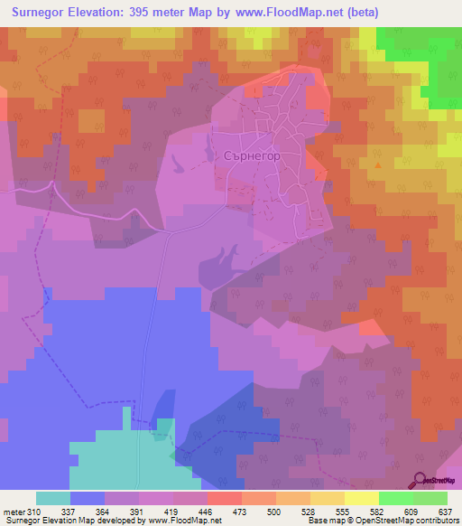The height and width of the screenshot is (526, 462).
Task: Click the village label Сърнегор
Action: tap(249, 155)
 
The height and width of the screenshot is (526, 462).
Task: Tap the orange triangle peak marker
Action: tap(378, 165)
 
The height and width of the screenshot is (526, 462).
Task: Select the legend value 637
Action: tap(445, 511)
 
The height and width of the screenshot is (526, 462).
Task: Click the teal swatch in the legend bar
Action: tap(53, 498)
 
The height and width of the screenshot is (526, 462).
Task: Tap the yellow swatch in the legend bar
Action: tap(362, 498)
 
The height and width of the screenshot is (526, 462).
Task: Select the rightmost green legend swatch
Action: tap(430, 498)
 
